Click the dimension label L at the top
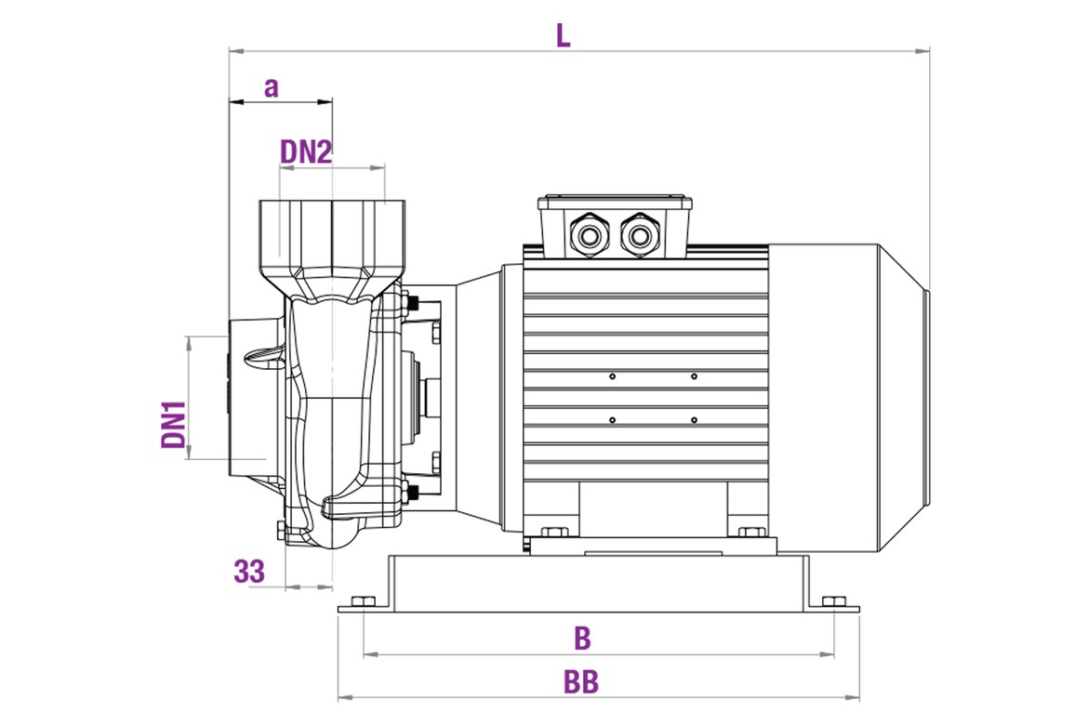pyautogui.click(x=563, y=35)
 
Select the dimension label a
pyautogui.click(x=271, y=88)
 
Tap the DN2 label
pyautogui.click(x=306, y=152)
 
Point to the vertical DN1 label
pyautogui.click(x=174, y=425)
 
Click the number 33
pyautogui.click(x=249, y=572)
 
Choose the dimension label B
pyautogui.click(x=582, y=639)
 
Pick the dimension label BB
pyautogui.click(x=581, y=682)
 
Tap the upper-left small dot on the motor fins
pyautogui.click(x=613, y=376)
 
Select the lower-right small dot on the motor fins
pyautogui.click(x=694, y=420)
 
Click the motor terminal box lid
pyautogui.click(x=615, y=201)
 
